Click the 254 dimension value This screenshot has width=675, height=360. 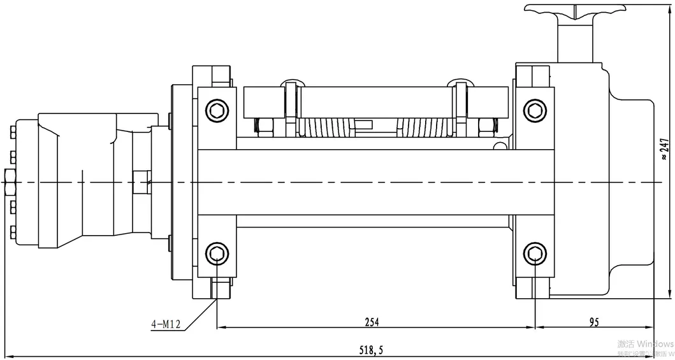coord(372,322)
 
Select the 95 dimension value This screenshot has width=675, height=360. coord(593,322)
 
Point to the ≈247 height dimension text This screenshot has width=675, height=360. coord(664,147)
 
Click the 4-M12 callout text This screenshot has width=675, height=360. coord(166,324)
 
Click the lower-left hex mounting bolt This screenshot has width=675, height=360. coord(217,255)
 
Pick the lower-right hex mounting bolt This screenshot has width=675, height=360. coord(535,255)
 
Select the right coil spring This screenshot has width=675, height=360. coord(423,127)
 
